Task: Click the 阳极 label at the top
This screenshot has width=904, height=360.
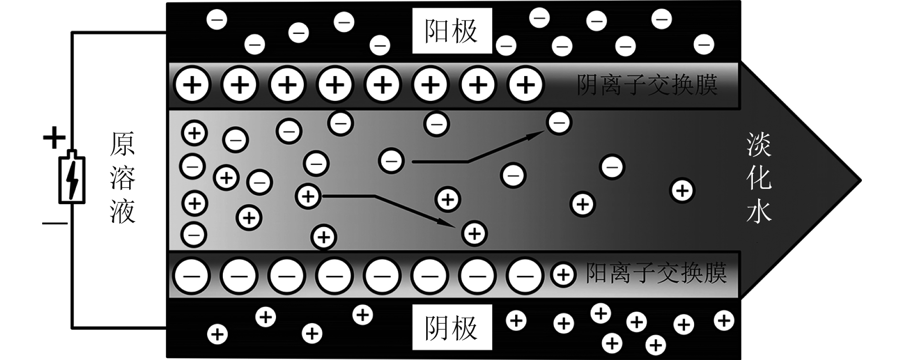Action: pos(451,32)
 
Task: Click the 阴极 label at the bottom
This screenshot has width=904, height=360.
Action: pos(451,328)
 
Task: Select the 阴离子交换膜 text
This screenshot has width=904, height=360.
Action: pos(647,85)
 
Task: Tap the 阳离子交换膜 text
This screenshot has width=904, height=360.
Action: pos(656,274)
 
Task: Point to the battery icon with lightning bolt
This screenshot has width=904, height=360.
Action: pos(72,178)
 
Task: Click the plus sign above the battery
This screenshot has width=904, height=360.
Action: pos(54,138)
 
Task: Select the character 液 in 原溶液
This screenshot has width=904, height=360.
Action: pos(122,211)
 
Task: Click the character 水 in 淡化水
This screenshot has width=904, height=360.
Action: pos(759,210)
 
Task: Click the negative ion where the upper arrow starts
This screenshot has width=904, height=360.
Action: pos(391,161)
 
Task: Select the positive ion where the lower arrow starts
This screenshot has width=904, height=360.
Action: pos(309,196)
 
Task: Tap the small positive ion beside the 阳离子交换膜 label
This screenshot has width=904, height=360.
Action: pos(563,275)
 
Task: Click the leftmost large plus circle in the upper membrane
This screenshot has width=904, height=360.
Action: pos(193,86)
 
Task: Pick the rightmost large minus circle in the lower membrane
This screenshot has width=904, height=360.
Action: pos(525,276)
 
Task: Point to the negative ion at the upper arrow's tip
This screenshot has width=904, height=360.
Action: pos(559,123)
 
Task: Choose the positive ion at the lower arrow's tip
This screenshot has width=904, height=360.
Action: pos(474,233)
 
